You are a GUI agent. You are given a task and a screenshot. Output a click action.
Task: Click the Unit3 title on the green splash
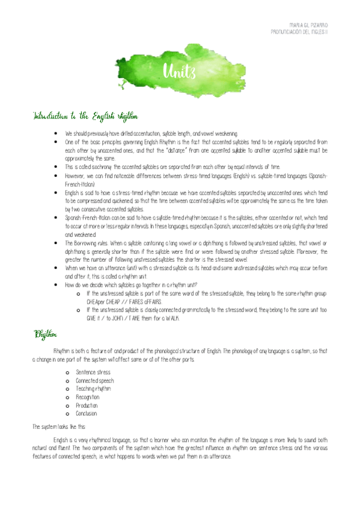pos(180,73)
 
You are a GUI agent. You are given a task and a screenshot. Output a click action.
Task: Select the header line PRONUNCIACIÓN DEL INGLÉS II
pos(299,31)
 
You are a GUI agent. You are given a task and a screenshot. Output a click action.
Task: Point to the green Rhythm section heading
pos(45,334)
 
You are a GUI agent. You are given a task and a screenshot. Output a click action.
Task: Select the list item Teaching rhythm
pos(93,389)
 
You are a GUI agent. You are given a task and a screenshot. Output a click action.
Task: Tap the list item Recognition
pos(88,397)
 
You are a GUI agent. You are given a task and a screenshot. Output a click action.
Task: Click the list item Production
pos(87,405)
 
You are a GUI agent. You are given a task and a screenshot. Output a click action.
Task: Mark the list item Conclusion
pos(87,414)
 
